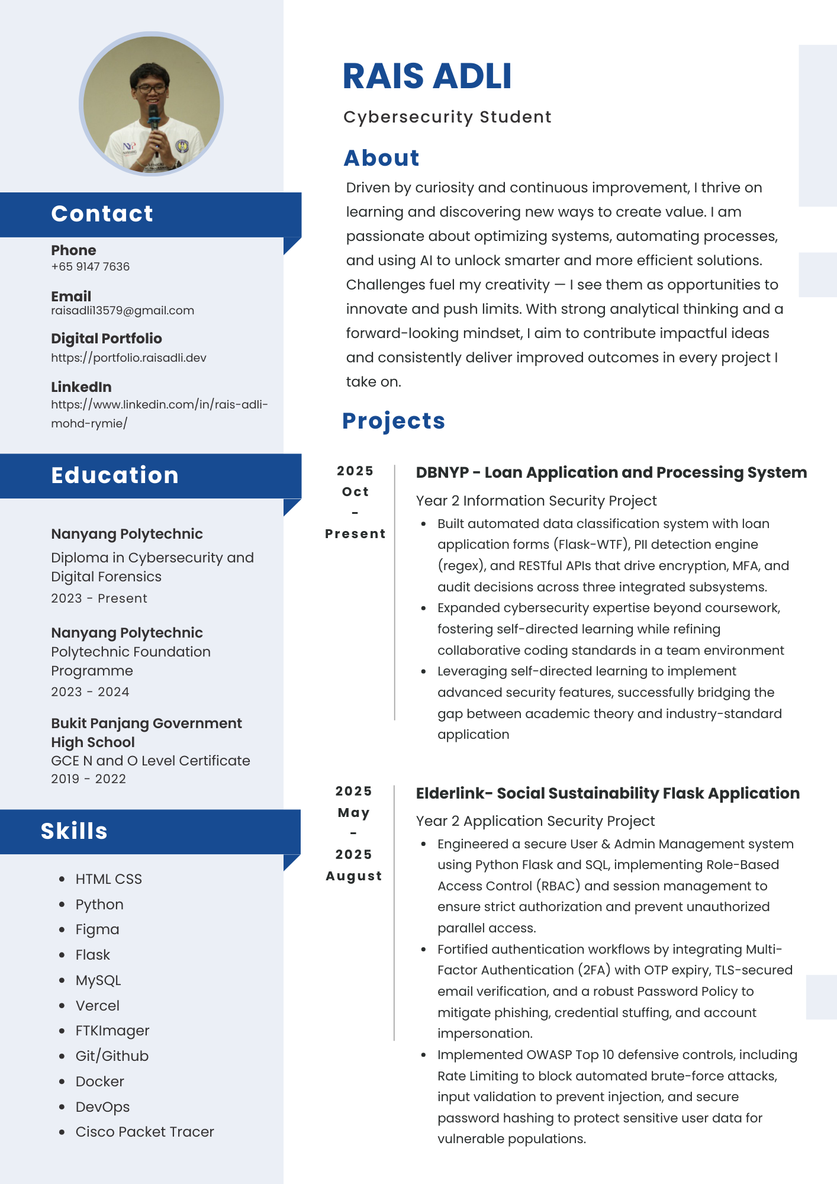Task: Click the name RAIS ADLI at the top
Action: (x=427, y=76)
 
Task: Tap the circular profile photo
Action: (x=152, y=104)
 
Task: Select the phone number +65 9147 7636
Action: (x=90, y=266)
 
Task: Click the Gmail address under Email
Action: (x=123, y=310)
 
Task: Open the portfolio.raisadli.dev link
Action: (x=128, y=358)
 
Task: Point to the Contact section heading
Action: (x=102, y=214)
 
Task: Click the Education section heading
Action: (x=115, y=475)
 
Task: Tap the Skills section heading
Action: (x=74, y=831)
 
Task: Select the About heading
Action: (x=381, y=158)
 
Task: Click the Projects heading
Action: (x=393, y=421)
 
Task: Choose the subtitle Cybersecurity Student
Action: (x=447, y=117)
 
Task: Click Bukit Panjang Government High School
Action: (x=146, y=732)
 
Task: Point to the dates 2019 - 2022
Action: (x=88, y=778)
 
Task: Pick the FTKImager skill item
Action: (x=112, y=1031)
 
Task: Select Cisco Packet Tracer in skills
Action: (x=144, y=1132)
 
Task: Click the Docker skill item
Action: (x=99, y=1082)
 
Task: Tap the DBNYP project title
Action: (x=611, y=472)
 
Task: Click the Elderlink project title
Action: (x=607, y=793)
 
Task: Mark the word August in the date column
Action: (x=354, y=876)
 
